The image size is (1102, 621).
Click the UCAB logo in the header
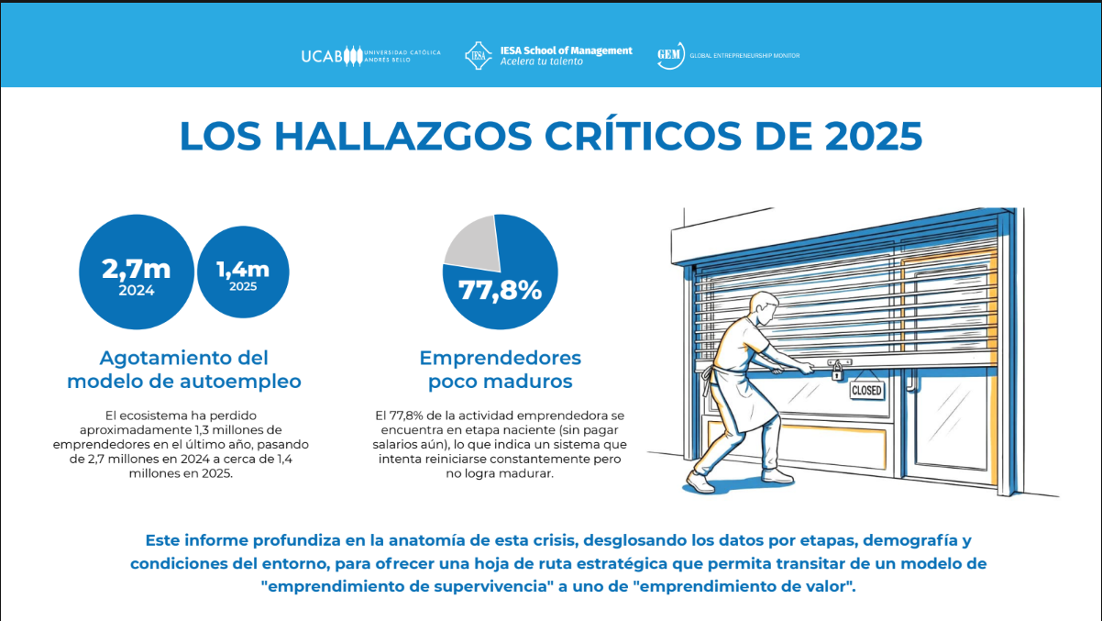point(369,55)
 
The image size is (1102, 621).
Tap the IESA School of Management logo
point(548,55)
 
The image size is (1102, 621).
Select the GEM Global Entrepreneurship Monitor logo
point(728,55)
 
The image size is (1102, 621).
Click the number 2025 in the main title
point(873,136)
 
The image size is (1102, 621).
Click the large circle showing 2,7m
point(137,272)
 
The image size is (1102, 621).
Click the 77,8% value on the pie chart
point(501,291)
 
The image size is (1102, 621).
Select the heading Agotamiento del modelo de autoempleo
point(184,369)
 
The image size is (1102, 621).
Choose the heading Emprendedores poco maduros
point(501,369)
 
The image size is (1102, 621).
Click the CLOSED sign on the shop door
point(866,390)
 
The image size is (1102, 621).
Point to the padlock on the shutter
point(836,372)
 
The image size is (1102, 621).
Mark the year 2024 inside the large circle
point(137,291)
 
